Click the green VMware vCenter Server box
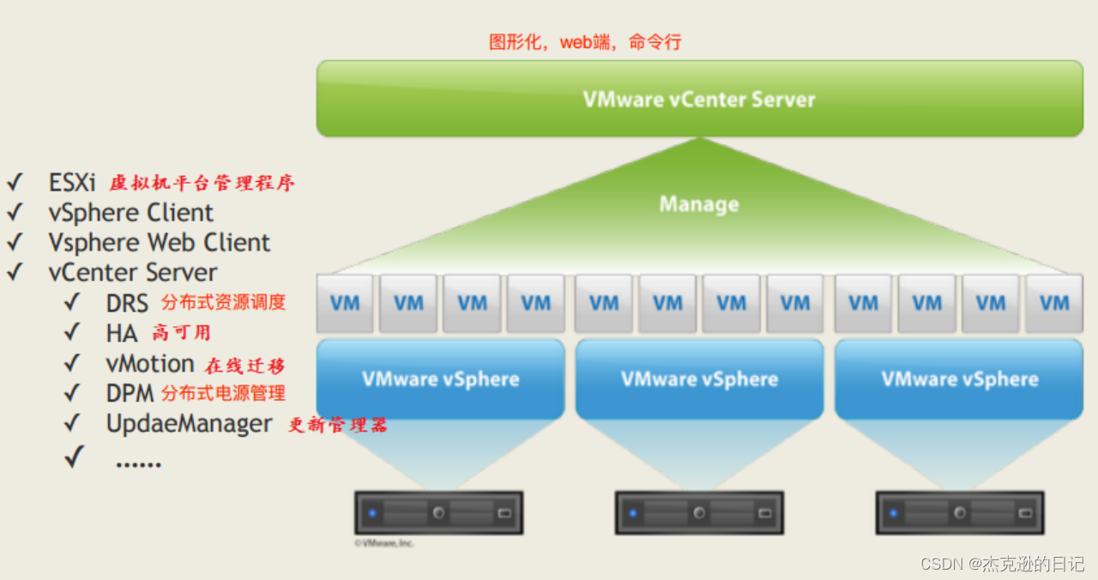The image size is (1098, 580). (699, 99)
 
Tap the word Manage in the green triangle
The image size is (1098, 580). (698, 204)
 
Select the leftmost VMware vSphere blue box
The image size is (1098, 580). (440, 379)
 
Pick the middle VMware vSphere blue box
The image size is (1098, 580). (699, 379)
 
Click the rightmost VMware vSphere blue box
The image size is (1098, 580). (959, 379)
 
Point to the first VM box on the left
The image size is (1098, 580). (345, 303)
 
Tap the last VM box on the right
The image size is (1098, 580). (1053, 303)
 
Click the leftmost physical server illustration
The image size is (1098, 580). (439, 513)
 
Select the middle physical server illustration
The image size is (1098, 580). (699, 513)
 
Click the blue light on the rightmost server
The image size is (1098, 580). (893, 513)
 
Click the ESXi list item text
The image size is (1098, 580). (72, 183)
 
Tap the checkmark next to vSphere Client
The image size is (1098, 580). (15, 213)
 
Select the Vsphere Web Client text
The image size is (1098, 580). (159, 243)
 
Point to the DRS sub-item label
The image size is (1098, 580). (127, 303)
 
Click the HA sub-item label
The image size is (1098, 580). (122, 333)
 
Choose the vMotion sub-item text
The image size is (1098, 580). (150, 364)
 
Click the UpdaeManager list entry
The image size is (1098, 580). (189, 424)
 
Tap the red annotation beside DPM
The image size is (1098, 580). (223, 394)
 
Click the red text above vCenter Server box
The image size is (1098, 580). (585, 41)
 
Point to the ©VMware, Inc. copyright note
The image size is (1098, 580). (383, 543)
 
